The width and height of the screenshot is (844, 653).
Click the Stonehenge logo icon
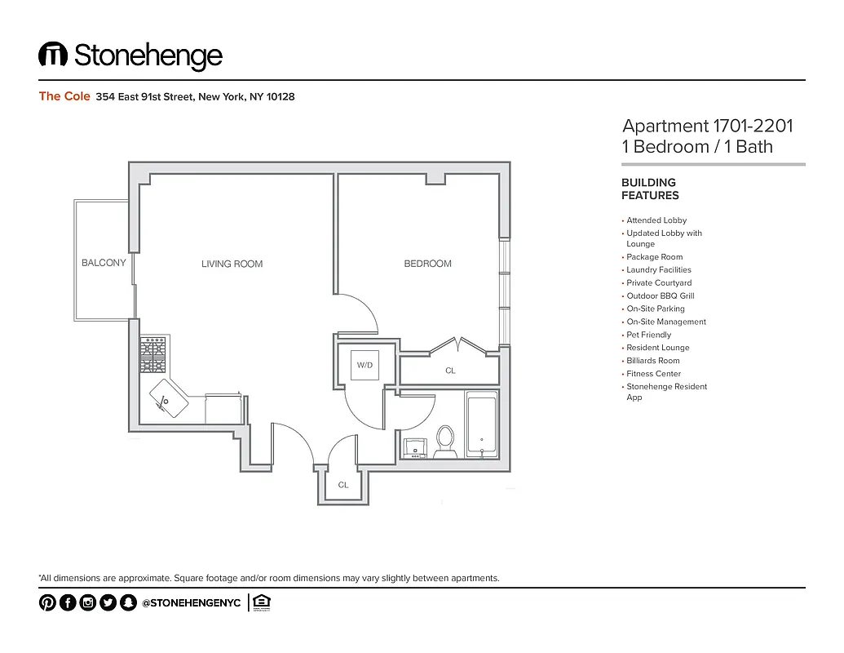(x=53, y=56)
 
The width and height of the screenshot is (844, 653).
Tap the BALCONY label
(x=104, y=263)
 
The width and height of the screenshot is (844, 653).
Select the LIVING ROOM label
(x=232, y=264)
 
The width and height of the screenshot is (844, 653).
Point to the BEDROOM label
(x=427, y=264)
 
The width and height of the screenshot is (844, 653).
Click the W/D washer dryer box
(x=364, y=365)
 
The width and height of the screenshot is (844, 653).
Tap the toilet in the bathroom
(x=445, y=439)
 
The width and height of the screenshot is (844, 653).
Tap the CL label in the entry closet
(x=343, y=485)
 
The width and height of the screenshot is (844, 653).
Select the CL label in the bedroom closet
(x=450, y=371)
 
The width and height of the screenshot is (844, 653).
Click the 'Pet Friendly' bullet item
(x=648, y=335)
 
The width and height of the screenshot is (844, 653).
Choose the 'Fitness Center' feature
(x=653, y=374)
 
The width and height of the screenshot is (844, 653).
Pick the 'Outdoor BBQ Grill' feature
(x=660, y=295)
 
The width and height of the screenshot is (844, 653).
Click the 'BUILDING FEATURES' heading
(x=650, y=189)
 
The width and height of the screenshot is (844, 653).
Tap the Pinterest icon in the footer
(x=47, y=603)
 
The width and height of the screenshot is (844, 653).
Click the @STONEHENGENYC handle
(x=191, y=603)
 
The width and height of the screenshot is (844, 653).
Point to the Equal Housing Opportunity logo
(x=261, y=602)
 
